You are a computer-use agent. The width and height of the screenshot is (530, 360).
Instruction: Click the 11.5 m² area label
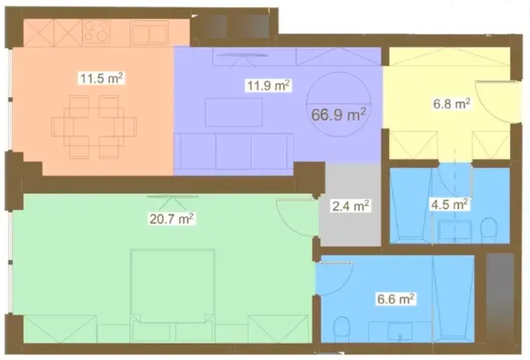click(x=101, y=77)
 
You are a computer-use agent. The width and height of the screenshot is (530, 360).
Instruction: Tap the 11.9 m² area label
click(x=268, y=85)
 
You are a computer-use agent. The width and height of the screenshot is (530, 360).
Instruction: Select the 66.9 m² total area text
click(x=341, y=114)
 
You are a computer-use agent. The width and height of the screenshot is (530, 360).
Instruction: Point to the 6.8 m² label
click(x=451, y=105)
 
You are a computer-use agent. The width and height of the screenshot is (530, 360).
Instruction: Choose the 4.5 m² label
click(x=451, y=203)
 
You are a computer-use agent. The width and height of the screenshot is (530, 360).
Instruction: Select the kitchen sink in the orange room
click(x=150, y=31)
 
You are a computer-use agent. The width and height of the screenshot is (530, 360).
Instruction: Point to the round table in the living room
click(x=338, y=106)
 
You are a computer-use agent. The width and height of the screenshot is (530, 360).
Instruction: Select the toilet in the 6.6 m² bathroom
click(x=341, y=327)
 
